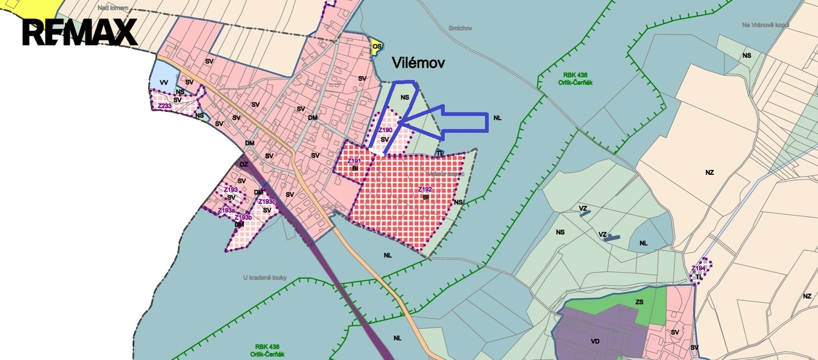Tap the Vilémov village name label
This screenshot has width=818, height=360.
click(418, 63)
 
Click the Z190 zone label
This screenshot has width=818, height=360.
click(385, 130)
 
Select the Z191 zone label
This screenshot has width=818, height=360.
click(354, 161)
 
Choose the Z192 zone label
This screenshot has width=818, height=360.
click(425, 190)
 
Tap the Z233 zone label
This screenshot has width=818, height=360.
click(165, 106)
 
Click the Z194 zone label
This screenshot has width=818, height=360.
click(698, 268)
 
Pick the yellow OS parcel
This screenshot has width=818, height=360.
click(377, 47)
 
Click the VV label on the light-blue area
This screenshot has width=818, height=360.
click(164, 83)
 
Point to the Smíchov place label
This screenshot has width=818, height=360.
click(460, 28)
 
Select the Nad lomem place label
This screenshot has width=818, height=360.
click(113, 8)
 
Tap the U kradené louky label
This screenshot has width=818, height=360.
click(265, 278)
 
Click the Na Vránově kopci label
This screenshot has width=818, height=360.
click(765, 25)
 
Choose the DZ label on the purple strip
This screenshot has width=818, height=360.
click(244, 164)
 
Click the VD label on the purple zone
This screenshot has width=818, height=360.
click(595, 341)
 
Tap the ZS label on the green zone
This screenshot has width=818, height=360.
click(639, 302)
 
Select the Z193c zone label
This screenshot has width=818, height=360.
click(267, 202)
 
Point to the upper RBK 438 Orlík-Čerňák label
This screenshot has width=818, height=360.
click(575, 79)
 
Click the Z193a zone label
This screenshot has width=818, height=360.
click(226, 211)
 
